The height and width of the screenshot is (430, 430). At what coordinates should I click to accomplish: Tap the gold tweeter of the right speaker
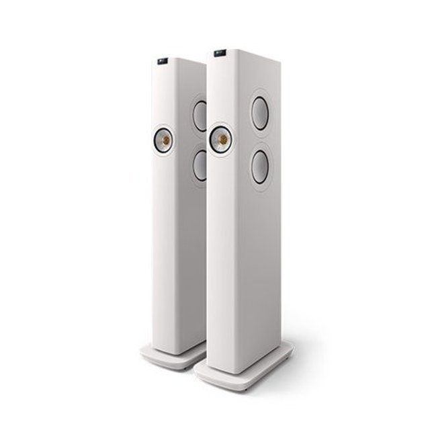pyautogui.click(x=219, y=139)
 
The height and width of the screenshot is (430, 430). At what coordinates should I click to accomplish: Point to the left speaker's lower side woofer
pyautogui.click(x=200, y=165)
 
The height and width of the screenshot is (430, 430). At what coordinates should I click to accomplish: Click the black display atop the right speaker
pyautogui.click(x=220, y=53)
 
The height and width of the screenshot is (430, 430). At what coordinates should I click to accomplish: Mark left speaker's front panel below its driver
pyautogui.click(x=168, y=249)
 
